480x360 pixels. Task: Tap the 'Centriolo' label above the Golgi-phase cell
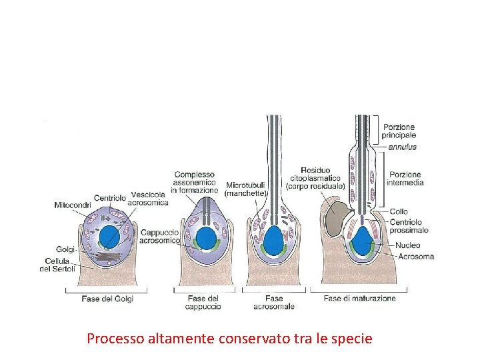110,198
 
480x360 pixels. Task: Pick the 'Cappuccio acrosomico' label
159,237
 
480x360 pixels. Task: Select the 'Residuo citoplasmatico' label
315,178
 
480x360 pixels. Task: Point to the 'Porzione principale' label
398,131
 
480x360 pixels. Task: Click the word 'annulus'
402,147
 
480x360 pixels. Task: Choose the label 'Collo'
399,211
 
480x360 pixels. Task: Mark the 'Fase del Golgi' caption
107,299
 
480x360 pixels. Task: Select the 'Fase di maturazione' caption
359,299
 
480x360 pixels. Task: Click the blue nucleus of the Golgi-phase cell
109,237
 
